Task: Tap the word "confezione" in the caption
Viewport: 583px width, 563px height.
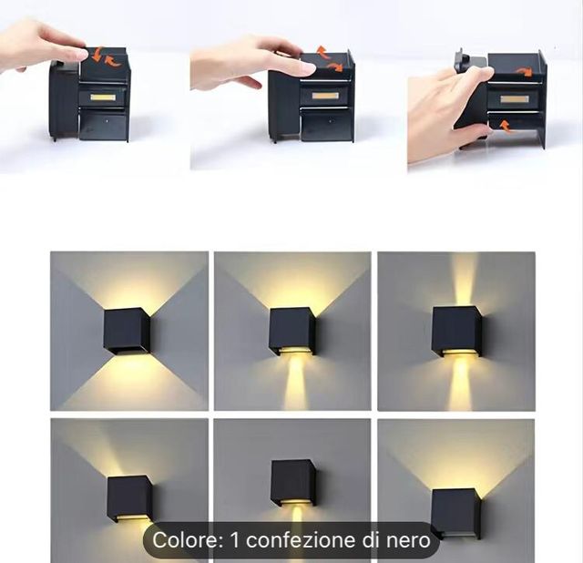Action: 301,540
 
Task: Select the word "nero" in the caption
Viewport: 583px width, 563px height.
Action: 407,540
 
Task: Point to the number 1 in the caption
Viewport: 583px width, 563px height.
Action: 235,540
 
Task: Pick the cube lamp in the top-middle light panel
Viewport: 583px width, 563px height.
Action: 291,330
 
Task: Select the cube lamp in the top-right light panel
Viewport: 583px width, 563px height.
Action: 455,329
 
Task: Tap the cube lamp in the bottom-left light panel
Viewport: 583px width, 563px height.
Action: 129,497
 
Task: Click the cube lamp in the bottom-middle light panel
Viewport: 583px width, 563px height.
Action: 292,482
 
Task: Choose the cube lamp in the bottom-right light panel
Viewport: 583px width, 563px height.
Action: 455,513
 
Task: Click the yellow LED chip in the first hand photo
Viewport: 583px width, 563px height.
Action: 101,97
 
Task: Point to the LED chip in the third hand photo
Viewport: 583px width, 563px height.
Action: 514,97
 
